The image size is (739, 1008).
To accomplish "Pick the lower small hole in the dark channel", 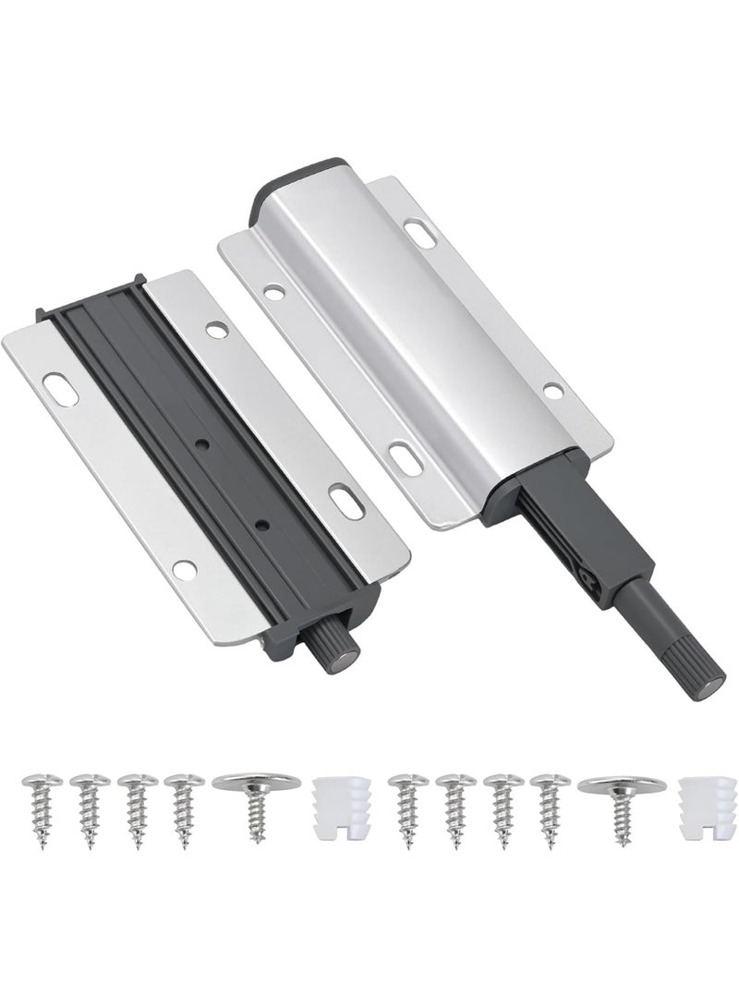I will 263,524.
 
